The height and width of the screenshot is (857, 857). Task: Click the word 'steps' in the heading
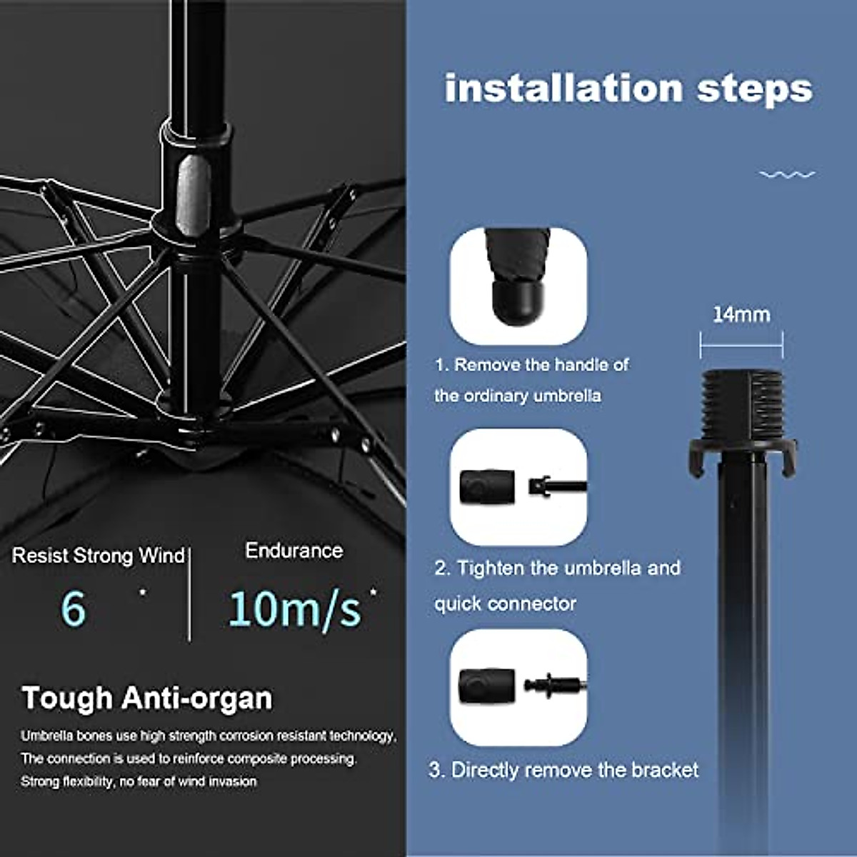pyautogui.click(x=754, y=89)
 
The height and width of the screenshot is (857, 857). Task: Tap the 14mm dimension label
pyautogui.click(x=741, y=314)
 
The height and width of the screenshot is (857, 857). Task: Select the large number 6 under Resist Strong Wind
pyautogui.click(x=73, y=608)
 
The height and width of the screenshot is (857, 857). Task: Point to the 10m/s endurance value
pyautogui.click(x=294, y=608)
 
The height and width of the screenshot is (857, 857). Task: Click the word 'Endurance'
pyautogui.click(x=294, y=551)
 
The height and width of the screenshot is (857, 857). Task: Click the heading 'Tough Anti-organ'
pyautogui.click(x=147, y=698)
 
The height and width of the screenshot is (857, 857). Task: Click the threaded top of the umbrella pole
pyautogui.click(x=742, y=404)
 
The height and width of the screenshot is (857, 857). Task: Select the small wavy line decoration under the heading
pyautogui.click(x=787, y=174)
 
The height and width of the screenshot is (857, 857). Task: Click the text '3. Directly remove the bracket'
pyautogui.click(x=563, y=770)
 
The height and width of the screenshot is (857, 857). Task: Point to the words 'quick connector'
pyautogui.click(x=505, y=603)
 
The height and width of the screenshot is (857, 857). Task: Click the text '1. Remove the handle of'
pyautogui.click(x=532, y=365)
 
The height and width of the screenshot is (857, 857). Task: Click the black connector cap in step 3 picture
pyautogui.click(x=487, y=686)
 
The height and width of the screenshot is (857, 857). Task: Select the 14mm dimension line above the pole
pyautogui.click(x=741, y=346)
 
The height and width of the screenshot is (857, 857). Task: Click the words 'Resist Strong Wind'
pyautogui.click(x=99, y=556)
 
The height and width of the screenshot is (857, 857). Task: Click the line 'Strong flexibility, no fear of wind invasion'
pyautogui.click(x=139, y=781)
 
